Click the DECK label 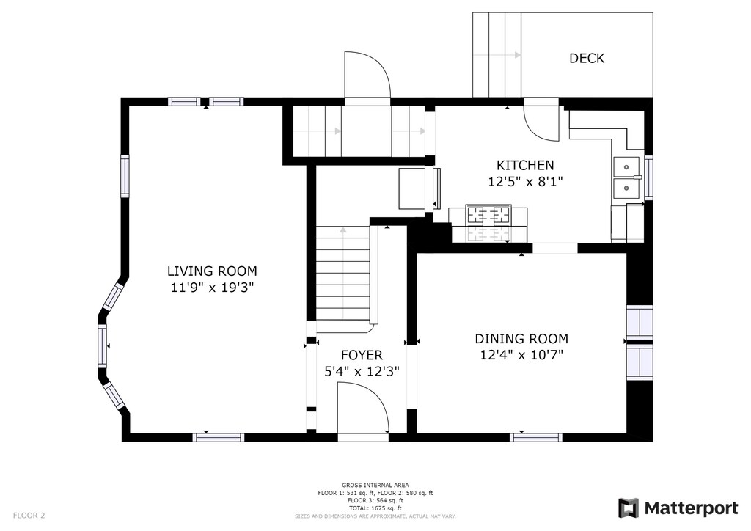[x=587, y=59]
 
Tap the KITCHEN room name [x=525, y=165]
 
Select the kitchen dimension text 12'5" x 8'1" [x=525, y=182]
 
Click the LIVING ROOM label [x=212, y=271]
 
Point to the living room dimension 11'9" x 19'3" [x=212, y=288]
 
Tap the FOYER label [x=362, y=355]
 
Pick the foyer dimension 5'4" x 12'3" [x=362, y=372]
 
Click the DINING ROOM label [x=521, y=339]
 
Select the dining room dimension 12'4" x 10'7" [x=521, y=355]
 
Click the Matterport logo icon [x=628, y=508]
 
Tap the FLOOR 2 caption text [x=29, y=516]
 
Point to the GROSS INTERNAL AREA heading [x=375, y=485]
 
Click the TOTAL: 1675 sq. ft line [x=375, y=508]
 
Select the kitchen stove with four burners [x=489, y=215]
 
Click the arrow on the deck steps [x=497, y=55]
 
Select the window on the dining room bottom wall [x=535, y=437]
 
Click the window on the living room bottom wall [x=219, y=437]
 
